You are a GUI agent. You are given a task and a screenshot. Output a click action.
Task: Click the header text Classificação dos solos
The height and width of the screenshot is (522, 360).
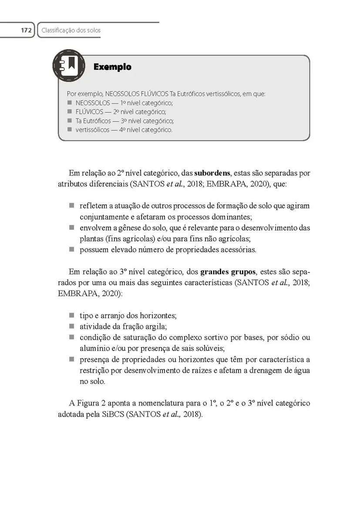click(x=71, y=30)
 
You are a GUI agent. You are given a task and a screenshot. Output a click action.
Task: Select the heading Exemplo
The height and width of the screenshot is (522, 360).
click(x=112, y=67)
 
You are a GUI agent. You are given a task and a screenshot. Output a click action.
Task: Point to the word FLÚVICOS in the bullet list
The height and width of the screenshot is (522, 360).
click(x=89, y=112)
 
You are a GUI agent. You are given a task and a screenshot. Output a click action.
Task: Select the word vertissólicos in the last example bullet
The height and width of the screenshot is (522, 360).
click(x=93, y=130)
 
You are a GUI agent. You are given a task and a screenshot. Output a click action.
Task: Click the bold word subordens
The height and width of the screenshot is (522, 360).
click(x=212, y=173)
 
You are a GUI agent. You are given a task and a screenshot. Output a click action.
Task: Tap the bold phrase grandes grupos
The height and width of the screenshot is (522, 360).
click(x=228, y=273)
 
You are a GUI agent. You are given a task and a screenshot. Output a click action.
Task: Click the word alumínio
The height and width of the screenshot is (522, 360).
click(x=94, y=348)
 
